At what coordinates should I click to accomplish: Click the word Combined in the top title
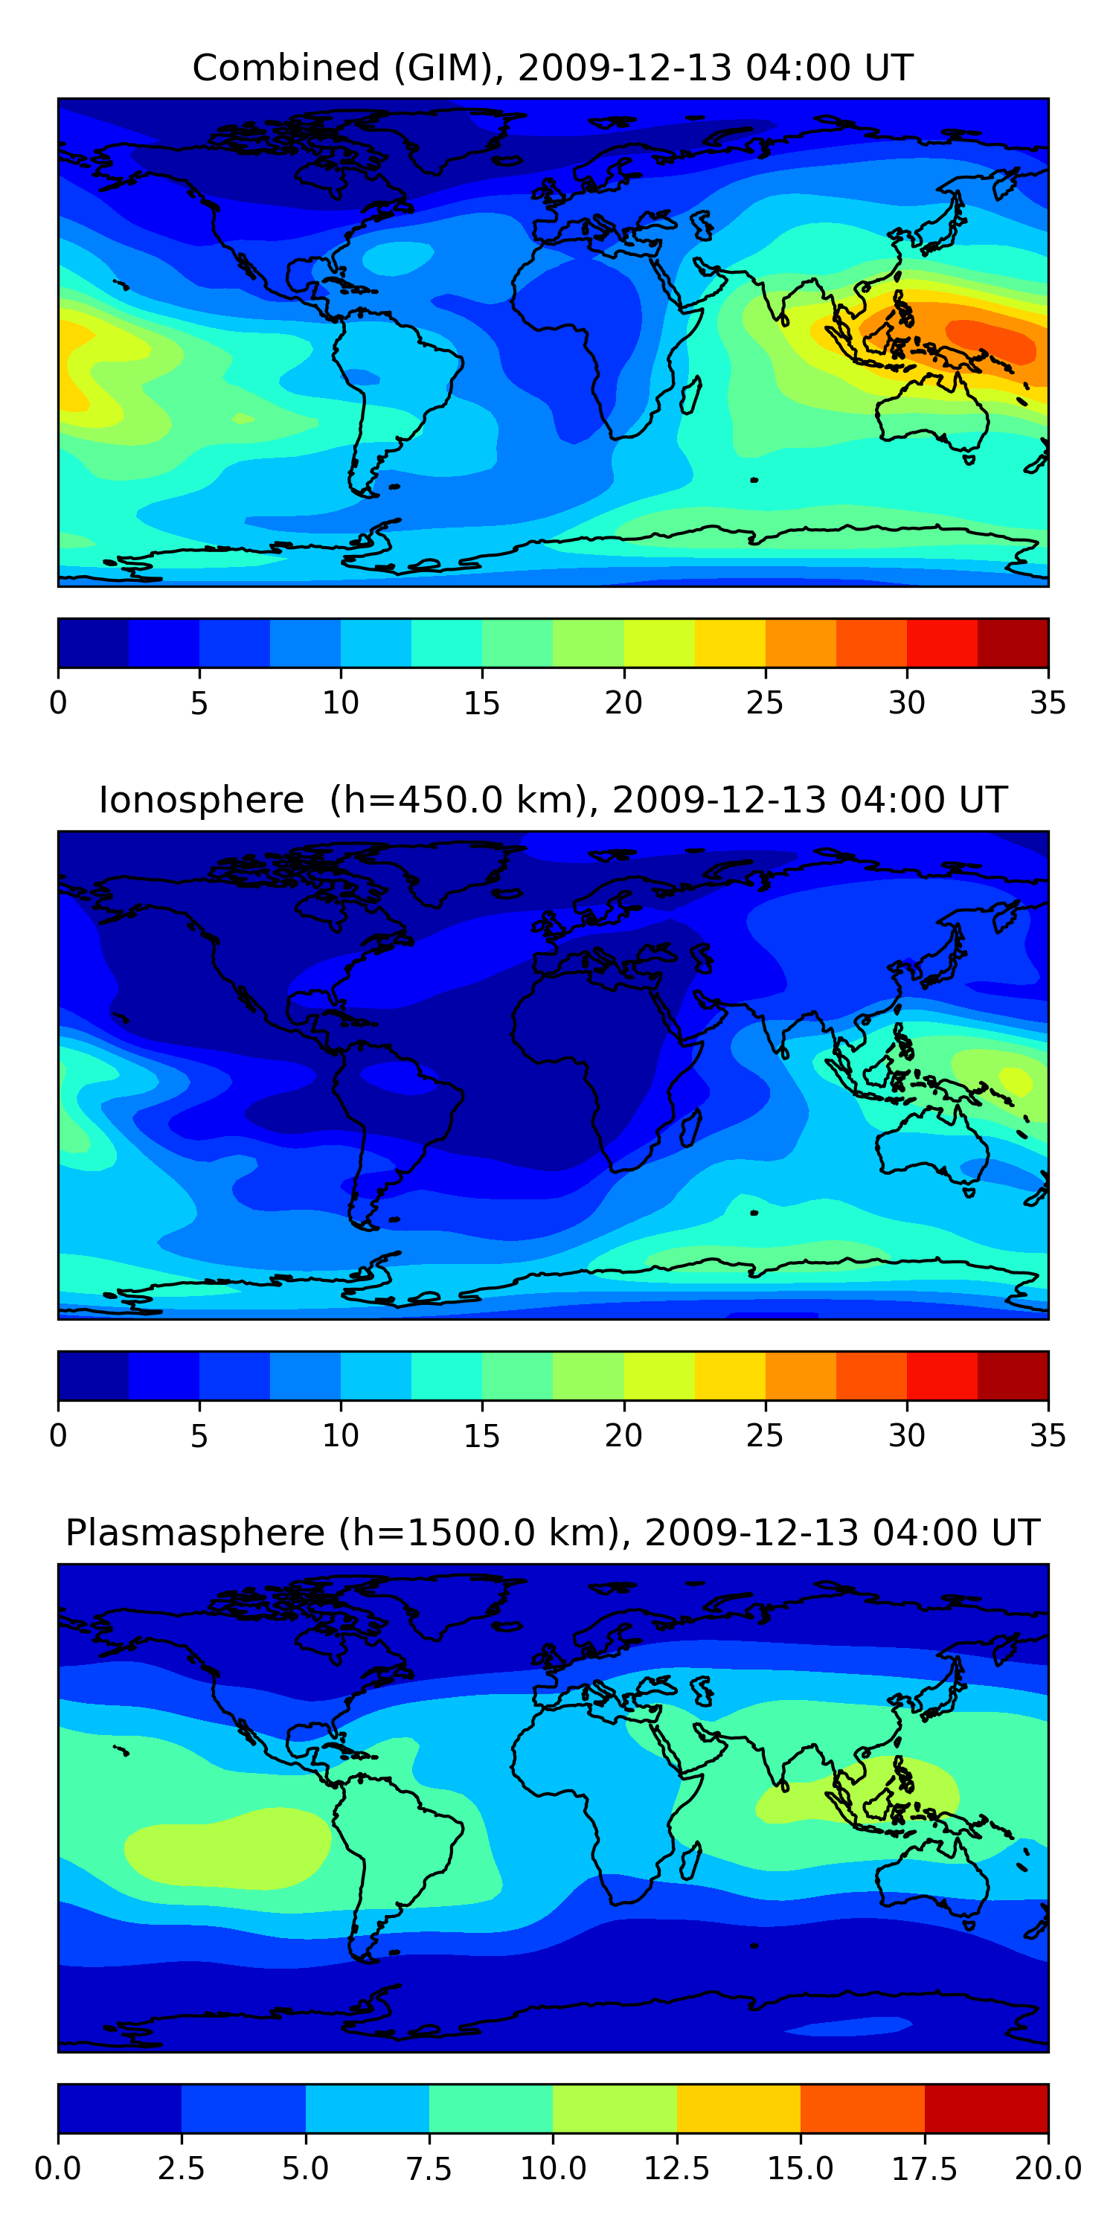pyautogui.click(x=286, y=68)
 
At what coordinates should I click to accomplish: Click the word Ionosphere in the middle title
pyautogui.click(x=201, y=800)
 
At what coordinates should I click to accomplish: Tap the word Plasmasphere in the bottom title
pyautogui.click(x=195, y=1533)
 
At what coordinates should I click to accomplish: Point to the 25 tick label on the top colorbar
pyautogui.click(x=764, y=702)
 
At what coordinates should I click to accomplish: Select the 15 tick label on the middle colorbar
pyautogui.click(x=482, y=1436)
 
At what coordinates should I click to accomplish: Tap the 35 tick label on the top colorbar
pyautogui.click(x=1048, y=702)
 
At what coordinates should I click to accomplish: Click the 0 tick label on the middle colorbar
pyautogui.click(x=58, y=1436)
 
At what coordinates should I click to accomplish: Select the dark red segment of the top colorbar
pyautogui.click(x=1013, y=643)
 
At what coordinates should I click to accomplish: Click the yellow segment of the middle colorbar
pyautogui.click(x=730, y=1375)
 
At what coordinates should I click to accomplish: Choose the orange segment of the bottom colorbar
pyautogui.click(x=862, y=2108)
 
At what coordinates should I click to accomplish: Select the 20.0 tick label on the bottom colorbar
pyautogui.click(x=1048, y=2169)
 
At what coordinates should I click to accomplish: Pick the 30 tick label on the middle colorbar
pyautogui.click(x=906, y=1436)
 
